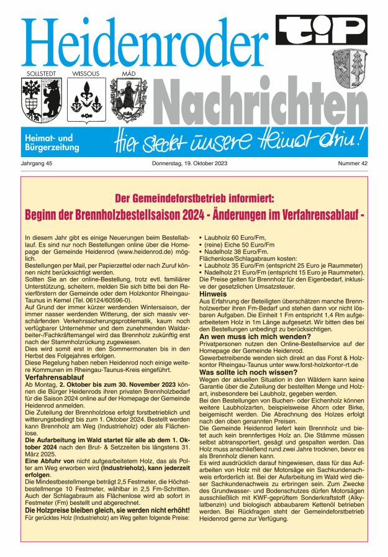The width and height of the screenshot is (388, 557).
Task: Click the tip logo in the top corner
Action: pos(322,29)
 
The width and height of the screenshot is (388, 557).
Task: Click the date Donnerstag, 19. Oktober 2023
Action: pos(194,164)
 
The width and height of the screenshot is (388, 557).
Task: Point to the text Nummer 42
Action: pos(353,164)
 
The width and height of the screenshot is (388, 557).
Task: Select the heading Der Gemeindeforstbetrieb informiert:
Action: pos(194,199)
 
